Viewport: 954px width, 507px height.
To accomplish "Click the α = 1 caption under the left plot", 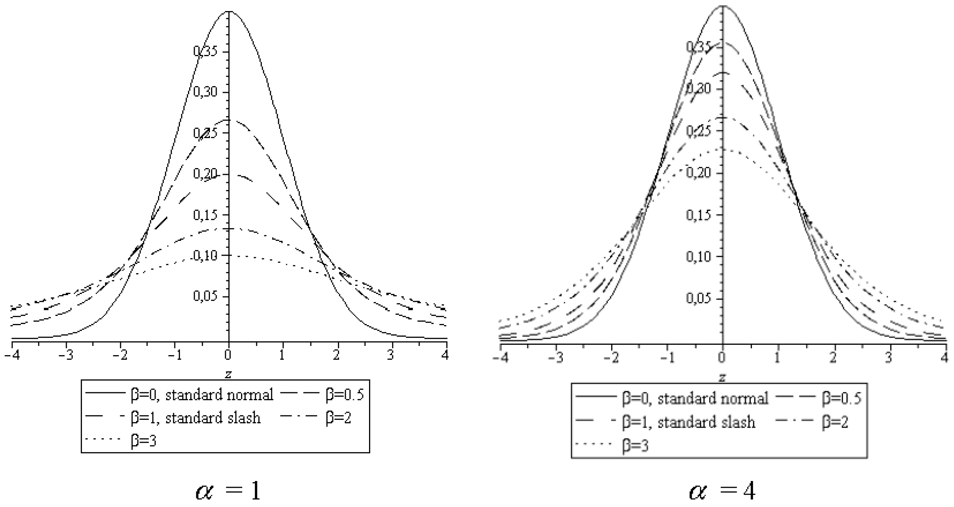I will tap(228, 491).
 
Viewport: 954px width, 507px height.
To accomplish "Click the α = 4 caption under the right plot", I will tap(722, 491).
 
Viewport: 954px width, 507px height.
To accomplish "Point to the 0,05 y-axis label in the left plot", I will tap(205, 297).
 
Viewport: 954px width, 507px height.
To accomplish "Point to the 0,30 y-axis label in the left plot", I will tap(205, 92).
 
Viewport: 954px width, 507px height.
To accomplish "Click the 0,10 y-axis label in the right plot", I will tap(698, 256).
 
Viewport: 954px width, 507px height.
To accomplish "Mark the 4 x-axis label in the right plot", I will tap(945, 358).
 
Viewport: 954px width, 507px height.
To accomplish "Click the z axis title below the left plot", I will tap(228, 374).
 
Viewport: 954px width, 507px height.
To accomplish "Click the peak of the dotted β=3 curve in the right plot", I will tap(723, 149).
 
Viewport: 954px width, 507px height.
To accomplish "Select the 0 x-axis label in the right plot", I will tap(721, 358).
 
